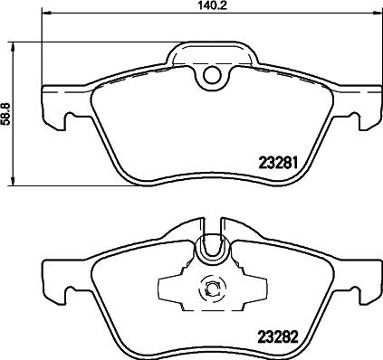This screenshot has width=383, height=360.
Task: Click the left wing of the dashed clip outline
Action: coord(172,289)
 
